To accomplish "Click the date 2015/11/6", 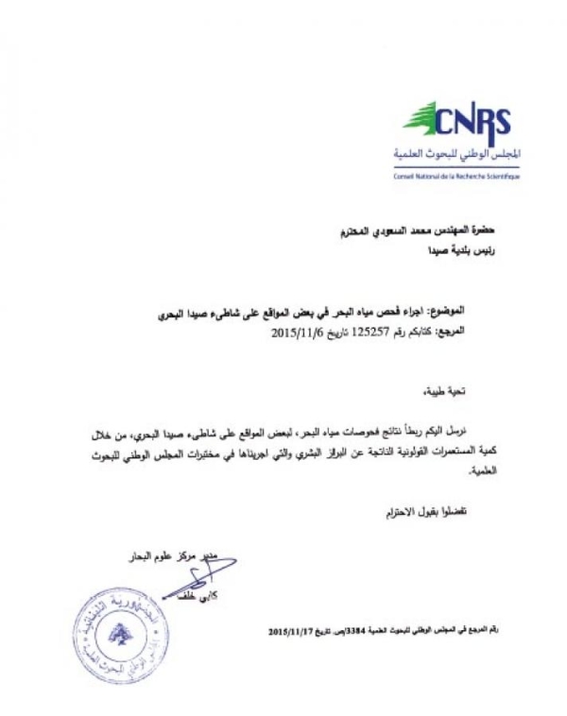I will (298, 333).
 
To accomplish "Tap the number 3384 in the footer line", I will (358, 627).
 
